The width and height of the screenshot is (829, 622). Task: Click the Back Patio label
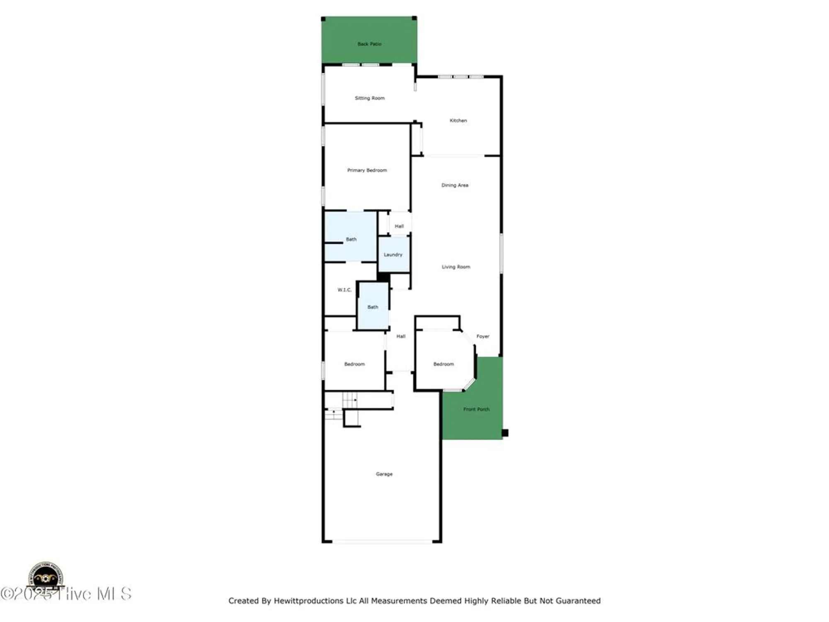point(369,44)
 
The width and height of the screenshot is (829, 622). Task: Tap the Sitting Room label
point(370,98)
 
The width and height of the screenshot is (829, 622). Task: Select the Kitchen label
point(458,121)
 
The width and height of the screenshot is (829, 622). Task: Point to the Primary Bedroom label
point(367,170)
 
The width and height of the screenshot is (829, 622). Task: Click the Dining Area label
point(455,185)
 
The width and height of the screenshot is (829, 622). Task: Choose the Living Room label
point(456,267)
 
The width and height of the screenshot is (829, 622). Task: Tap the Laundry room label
point(393,255)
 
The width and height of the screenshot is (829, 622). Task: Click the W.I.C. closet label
point(344,290)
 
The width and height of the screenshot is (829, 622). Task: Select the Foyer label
point(483,336)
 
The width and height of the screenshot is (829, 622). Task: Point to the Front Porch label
point(476,409)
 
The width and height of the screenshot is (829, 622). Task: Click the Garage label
point(384,474)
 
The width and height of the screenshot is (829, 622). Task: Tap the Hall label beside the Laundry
point(399,226)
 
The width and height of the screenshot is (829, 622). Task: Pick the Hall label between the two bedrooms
point(401,336)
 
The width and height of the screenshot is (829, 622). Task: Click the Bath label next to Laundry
point(351,239)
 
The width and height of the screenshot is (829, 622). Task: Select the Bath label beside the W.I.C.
point(373,307)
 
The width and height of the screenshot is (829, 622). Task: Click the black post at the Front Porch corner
point(505,433)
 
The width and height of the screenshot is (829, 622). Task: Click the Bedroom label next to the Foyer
point(444,364)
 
